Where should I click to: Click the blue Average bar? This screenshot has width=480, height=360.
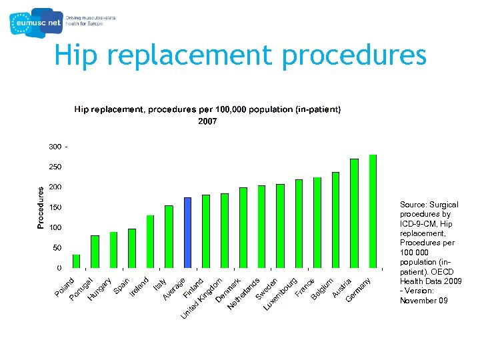tap(187, 233)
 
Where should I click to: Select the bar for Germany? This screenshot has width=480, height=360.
tap(373, 211)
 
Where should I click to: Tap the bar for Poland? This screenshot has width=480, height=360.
tap(76, 261)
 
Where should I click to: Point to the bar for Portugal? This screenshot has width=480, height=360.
tap(95, 251)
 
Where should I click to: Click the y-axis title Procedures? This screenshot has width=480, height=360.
tap(41, 207)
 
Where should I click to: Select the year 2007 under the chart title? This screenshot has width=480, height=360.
tap(207, 121)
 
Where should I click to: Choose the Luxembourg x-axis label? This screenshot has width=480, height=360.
tap(281, 294)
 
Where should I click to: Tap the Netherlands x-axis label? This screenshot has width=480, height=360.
tap(244, 293)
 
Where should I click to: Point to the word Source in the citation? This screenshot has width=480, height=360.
tap(413, 205)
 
